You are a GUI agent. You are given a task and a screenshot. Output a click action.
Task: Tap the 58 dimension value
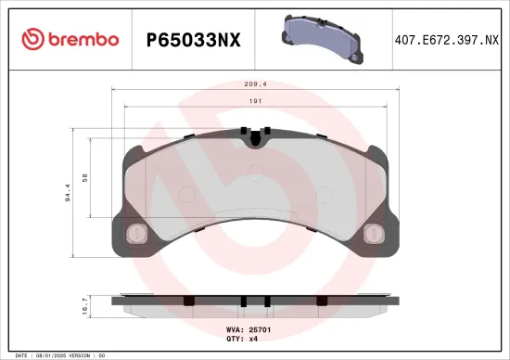pos(85,177)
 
